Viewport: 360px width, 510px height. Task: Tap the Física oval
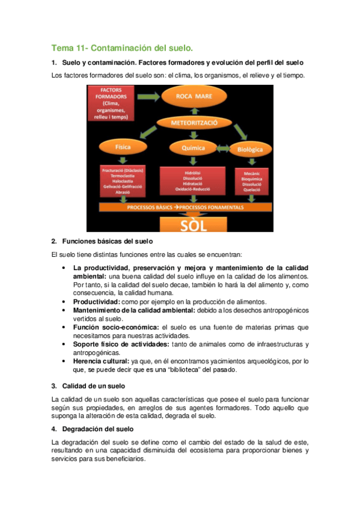pos(123,146)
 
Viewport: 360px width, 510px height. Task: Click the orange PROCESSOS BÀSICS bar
pos(185,206)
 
